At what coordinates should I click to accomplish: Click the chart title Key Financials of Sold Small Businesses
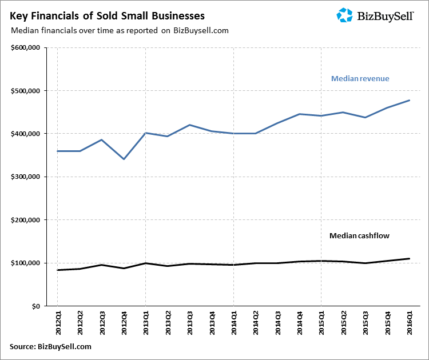(107, 15)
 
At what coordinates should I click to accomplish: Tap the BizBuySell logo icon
(345, 15)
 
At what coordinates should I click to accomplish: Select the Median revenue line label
(360, 78)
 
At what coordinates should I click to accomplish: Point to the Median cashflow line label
(359, 235)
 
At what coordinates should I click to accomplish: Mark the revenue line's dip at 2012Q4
(124, 159)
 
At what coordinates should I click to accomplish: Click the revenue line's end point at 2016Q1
(410, 101)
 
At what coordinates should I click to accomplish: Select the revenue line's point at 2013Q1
(145, 133)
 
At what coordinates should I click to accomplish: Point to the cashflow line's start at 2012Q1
(58, 270)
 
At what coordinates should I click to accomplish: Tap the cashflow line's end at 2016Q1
(410, 259)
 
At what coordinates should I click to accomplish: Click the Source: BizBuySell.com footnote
(50, 347)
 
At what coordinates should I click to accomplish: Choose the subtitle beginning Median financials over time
(119, 31)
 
